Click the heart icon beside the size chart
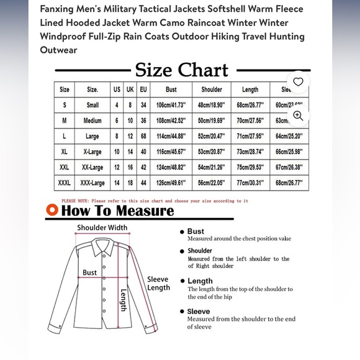[x=298, y=82]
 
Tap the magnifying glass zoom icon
[x=298, y=115]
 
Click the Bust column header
[x=171, y=89]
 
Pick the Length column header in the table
[x=250, y=89]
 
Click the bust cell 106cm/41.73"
[x=171, y=105]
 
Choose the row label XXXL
[x=65, y=183]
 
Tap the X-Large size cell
[x=92, y=152]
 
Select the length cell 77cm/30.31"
[x=250, y=183]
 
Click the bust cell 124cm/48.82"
[x=171, y=168]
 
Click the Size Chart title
[x=182, y=70]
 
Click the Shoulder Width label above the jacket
[x=102, y=228]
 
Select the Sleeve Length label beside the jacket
[x=158, y=284]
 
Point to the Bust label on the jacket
[x=90, y=272]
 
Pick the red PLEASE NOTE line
[x=155, y=201]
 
